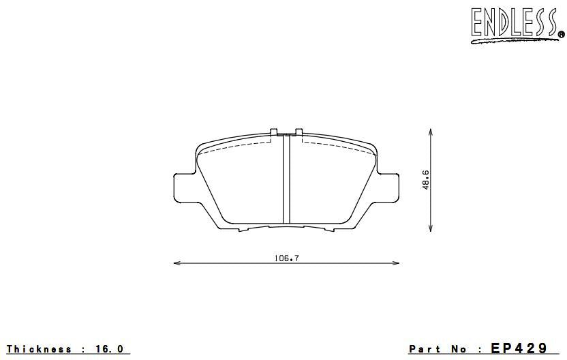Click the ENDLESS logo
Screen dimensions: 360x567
[514, 23]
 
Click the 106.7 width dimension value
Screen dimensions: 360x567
[286, 258]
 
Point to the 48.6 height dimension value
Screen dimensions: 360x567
[425, 180]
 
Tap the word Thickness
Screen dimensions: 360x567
[39, 349]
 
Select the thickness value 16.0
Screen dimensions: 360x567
[110, 349]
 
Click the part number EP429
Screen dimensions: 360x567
[519, 348]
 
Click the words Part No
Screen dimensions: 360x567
[440, 349]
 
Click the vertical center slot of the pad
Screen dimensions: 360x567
[287, 180]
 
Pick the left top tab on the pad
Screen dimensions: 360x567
[274, 132]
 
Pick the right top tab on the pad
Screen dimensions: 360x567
[298, 132]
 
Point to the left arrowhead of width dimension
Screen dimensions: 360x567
[177, 263]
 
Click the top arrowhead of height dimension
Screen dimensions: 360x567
[430, 130]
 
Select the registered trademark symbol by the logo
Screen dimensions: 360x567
[560, 33]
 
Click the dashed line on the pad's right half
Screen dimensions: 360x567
[334, 145]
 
